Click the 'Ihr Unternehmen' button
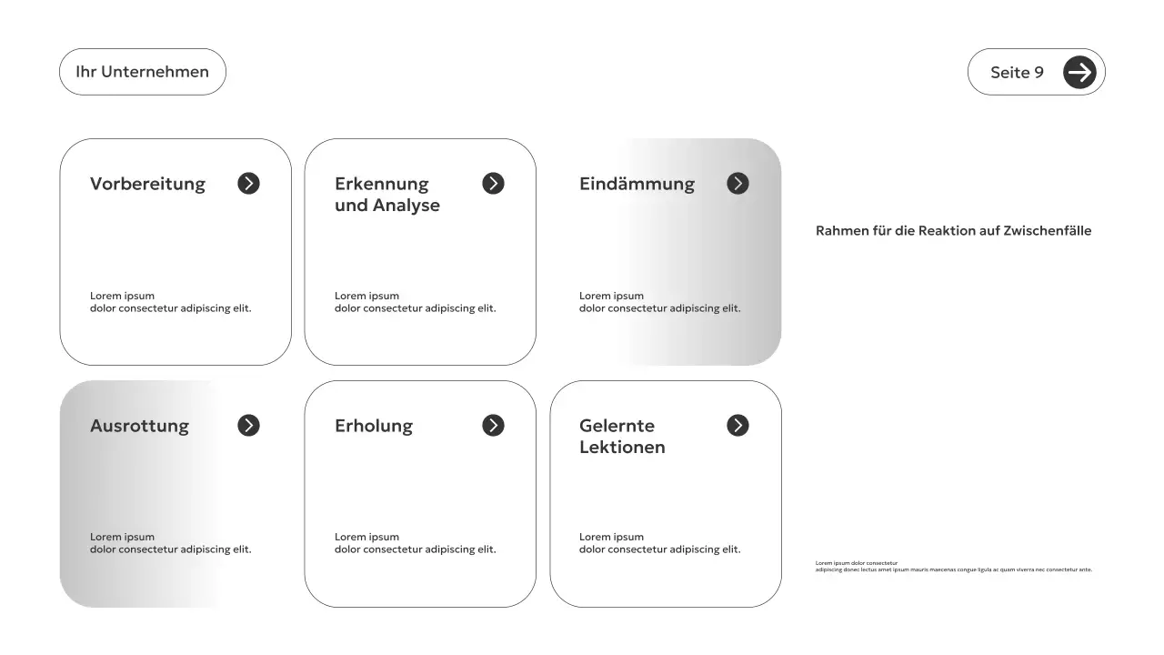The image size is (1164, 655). pos(142,72)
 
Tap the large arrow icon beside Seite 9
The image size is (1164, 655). pos(1079,72)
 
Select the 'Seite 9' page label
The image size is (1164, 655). pos(1017,73)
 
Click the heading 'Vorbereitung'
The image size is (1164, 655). pos(147,184)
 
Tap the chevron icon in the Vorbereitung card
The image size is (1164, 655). pos(248,184)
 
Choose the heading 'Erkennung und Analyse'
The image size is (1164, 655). pos(387,195)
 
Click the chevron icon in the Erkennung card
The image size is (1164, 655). pos(493,184)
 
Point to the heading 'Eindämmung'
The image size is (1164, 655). pos(637,184)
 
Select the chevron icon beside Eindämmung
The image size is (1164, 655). pos(738,184)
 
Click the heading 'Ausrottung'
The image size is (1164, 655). pos(139,426)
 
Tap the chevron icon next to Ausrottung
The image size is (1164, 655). pos(248,426)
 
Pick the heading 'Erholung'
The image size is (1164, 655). pos(374,426)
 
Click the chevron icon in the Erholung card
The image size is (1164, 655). pos(493,426)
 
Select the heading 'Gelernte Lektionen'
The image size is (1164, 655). pos(622,437)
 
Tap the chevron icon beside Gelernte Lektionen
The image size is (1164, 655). pos(738,426)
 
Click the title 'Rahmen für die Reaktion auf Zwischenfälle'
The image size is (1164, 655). pos(953,231)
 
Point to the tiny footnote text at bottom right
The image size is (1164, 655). pos(953,567)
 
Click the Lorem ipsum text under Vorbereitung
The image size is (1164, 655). pos(170,302)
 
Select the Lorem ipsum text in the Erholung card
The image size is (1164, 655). pos(415,543)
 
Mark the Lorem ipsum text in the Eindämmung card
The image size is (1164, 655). pos(659,302)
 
